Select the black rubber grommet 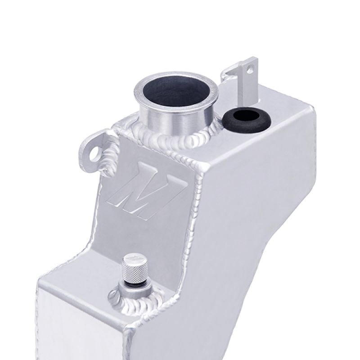coord(246,120)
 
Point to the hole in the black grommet coord(245,117)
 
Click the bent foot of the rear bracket coord(230,72)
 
